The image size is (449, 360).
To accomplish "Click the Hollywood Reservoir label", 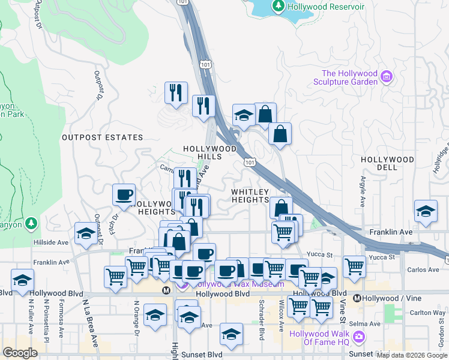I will tap(326, 7).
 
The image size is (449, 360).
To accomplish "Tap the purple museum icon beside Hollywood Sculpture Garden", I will tap(387, 77).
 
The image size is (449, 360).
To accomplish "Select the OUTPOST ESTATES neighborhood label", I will tap(103, 137).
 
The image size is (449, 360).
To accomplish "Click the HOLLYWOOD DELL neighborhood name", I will tap(387, 163).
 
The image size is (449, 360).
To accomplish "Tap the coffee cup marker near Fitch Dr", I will tap(124, 194).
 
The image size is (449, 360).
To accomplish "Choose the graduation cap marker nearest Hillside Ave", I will tap(85, 233).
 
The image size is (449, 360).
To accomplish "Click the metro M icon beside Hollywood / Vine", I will tap(357, 298).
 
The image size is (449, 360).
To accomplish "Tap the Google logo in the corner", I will tap(20, 353).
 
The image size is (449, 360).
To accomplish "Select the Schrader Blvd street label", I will tap(262, 325).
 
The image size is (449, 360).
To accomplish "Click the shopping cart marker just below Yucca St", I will tap(355, 266).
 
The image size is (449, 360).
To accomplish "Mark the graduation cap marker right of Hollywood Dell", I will tap(426, 211).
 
